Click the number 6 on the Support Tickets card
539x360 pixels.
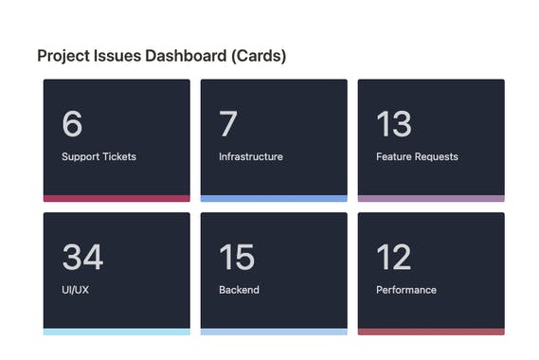tap(72, 124)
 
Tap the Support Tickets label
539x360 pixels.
tap(99, 156)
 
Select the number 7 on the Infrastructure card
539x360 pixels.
tap(228, 124)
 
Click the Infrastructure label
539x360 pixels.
tap(250, 156)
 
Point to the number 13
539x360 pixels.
tap(393, 124)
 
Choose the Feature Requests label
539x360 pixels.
tap(417, 156)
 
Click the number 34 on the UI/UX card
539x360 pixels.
tap(82, 258)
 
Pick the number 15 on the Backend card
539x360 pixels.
tap(236, 258)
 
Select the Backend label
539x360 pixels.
tap(239, 290)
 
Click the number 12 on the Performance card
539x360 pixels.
tap(393, 258)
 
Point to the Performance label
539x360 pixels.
tap(406, 290)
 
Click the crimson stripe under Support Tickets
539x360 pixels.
tap(117, 198)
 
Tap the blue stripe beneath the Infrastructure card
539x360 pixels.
tap(274, 198)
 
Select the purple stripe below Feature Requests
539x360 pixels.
tap(431, 198)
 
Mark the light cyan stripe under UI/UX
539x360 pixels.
tap(117, 332)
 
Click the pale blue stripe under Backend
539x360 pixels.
tap(274, 332)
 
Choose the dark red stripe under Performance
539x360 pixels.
tap(431, 332)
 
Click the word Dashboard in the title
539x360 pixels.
tap(185, 56)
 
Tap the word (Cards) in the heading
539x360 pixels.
tap(258, 56)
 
